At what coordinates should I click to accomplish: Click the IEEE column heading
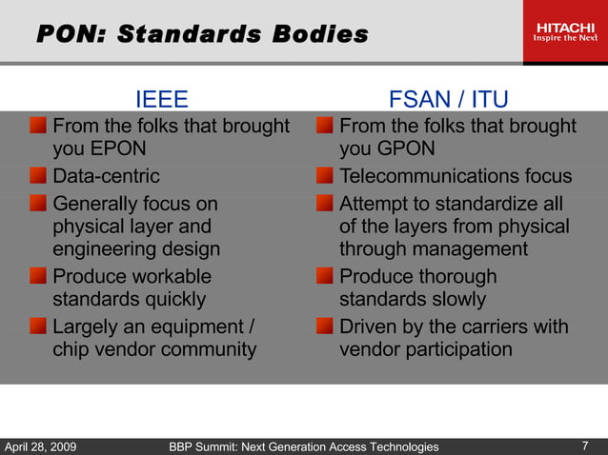click(x=161, y=100)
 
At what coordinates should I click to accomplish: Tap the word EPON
click(x=118, y=150)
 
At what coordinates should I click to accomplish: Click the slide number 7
click(x=584, y=445)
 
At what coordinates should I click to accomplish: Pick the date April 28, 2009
click(x=41, y=446)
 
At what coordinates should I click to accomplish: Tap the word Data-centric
click(x=106, y=176)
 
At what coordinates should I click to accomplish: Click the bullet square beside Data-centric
click(x=37, y=176)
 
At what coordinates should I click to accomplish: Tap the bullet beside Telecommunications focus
click(x=325, y=176)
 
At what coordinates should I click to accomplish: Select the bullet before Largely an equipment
click(x=37, y=326)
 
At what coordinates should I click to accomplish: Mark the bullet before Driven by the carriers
click(x=325, y=326)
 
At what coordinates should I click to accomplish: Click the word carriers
click(x=483, y=326)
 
